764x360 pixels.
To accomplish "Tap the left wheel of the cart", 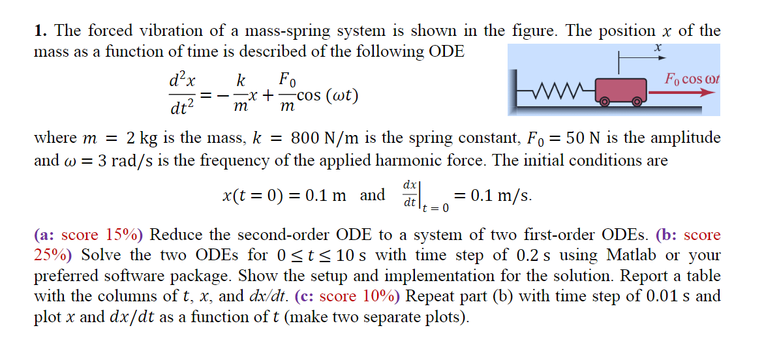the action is [x=604, y=102].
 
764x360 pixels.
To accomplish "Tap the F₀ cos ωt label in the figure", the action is [x=692, y=79].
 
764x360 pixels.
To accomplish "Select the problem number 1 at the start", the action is [x=40, y=30].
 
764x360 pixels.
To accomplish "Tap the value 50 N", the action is [x=579, y=138].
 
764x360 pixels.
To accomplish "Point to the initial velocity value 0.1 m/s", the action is [x=493, y=195].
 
